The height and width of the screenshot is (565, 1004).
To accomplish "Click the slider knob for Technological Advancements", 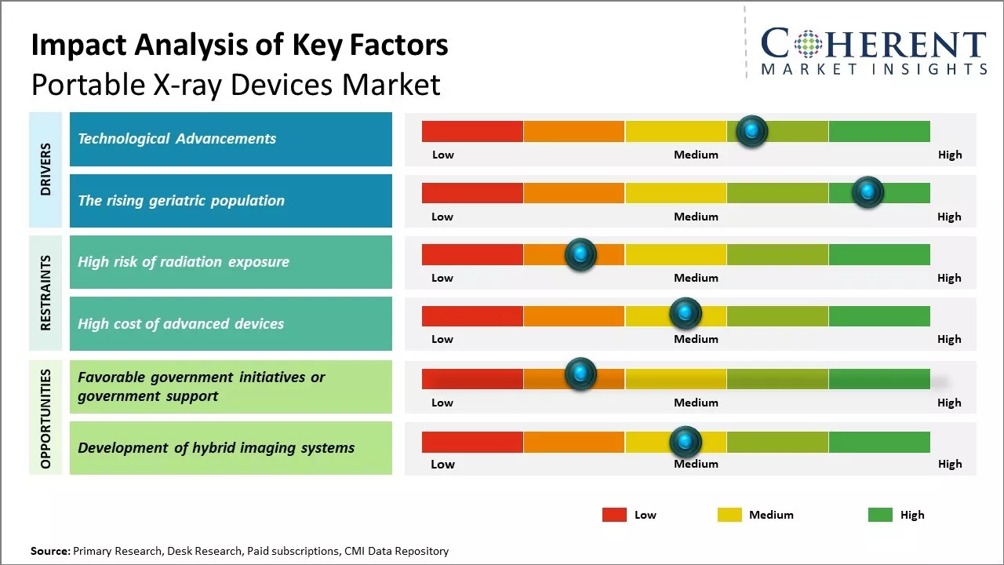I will coord(752,131).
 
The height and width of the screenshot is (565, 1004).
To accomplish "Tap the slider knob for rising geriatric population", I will coord(868,192).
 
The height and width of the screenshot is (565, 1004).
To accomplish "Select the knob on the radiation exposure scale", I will coord(580,254).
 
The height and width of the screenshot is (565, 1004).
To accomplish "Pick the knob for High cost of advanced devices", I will coord(685,314).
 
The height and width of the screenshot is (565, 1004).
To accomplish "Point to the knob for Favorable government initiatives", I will coord(580,374).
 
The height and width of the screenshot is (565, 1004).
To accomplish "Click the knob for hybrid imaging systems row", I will coord(685,442).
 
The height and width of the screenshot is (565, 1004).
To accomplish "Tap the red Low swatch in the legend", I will coord(614,515).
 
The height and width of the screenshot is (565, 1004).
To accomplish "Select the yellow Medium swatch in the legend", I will coord(729,515).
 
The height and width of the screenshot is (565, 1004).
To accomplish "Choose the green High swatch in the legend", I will coord(880,515).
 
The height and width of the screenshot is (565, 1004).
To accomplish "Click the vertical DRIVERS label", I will coord(45,169).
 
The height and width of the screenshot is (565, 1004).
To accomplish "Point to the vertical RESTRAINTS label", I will coord(45,293).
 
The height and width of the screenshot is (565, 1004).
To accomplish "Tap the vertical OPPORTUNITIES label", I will coord(45,418).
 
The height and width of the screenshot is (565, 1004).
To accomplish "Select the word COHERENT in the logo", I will coord(874,45).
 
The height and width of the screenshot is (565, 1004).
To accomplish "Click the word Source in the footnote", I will coord(49,551).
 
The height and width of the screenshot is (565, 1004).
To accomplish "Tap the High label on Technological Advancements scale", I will coord(949,155).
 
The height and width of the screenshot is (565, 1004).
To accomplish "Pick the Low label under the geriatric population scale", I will coord(442,217).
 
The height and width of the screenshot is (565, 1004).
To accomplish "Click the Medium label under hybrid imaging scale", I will coord(696,464).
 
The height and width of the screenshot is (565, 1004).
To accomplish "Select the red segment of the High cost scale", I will coord(472,316).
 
